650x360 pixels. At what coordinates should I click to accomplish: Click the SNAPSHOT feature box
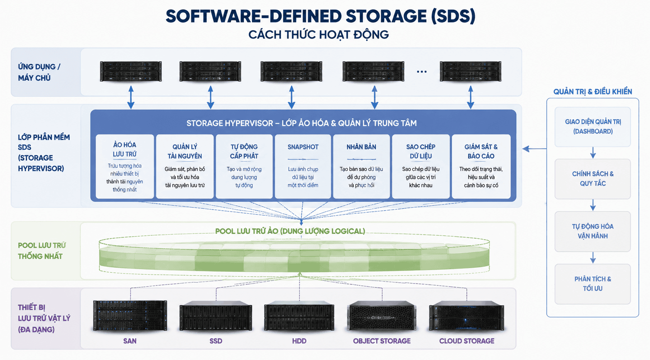[303, 166]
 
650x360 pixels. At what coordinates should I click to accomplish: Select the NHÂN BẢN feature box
[361, 166]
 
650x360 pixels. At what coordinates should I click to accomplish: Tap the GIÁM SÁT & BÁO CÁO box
[481, 166]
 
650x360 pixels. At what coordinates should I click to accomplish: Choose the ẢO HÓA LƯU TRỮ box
[125, 166]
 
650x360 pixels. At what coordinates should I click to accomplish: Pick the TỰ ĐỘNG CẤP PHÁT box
[244, 166]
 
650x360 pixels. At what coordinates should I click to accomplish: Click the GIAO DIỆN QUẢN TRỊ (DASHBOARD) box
[593, 127]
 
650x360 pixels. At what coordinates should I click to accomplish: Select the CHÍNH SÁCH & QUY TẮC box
[593, 179]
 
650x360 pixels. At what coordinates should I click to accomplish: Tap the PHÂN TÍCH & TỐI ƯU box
[593, 284]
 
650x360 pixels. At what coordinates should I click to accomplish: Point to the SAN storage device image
[130, 316]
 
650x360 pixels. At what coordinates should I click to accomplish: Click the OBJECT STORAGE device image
[382, 316]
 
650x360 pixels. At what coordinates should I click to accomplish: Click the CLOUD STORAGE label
[467, 341]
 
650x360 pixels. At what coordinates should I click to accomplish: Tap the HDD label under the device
[299, 341]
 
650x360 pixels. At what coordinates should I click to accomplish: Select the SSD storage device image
[216, 316]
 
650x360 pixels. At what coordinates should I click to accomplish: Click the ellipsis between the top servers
[422, 72]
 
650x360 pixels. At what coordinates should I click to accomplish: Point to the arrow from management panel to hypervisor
[535, 149]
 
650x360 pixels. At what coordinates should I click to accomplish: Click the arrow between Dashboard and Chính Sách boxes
[593, 153]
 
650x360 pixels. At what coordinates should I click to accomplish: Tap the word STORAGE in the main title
[386, 16]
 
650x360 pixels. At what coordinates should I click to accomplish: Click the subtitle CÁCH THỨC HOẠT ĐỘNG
[319, 35]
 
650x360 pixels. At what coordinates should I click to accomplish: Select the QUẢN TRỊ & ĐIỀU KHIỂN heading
[593, 92]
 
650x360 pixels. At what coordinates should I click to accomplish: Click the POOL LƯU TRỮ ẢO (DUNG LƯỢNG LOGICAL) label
[290, 232]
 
